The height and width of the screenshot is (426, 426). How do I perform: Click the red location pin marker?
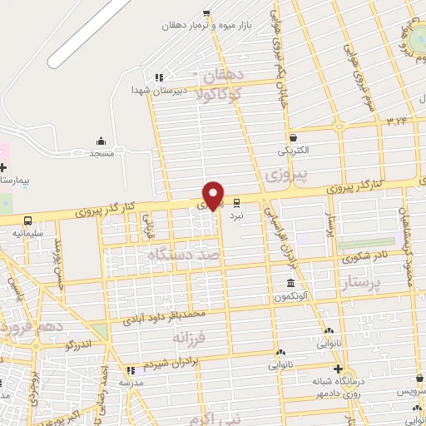pyautogui.click(x=214, y=195)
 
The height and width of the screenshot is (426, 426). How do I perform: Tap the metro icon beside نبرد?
pyautogui.click(x=237, y=201)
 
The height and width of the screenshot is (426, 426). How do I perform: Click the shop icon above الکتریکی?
pyautogui.click(x=293, y=138)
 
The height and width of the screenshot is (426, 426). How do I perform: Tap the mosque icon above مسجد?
pyautogui.click(x=102, y=141)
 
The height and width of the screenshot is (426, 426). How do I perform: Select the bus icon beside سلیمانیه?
pyautogui.click(x=29, y=220)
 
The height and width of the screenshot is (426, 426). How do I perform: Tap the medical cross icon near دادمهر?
pyautogui.click(x=338, y=369)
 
